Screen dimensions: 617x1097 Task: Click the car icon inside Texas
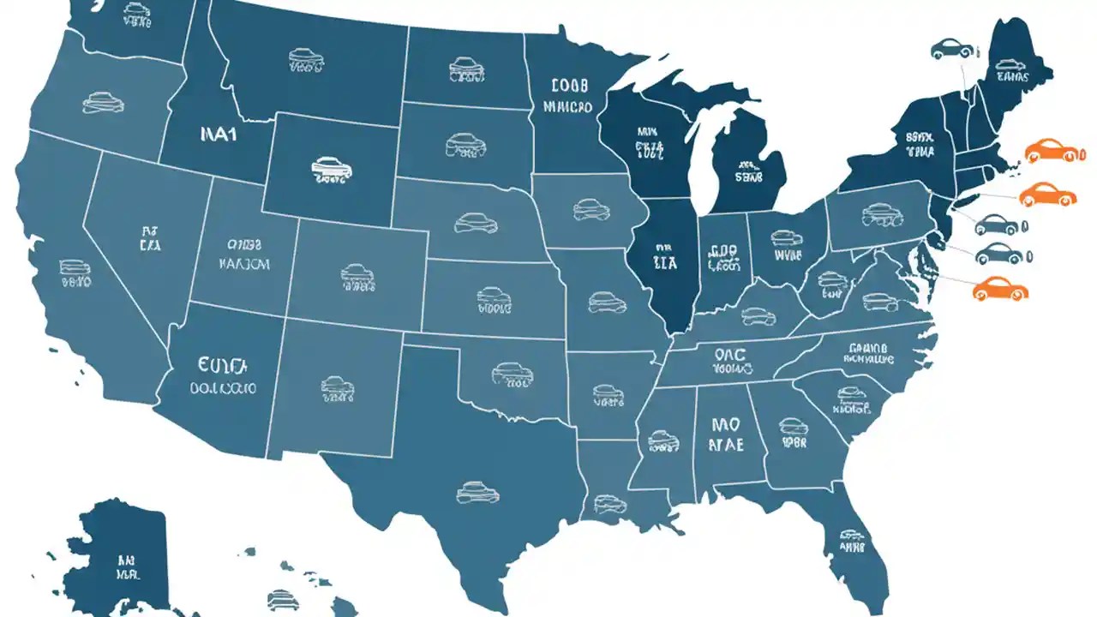tap(477, 492)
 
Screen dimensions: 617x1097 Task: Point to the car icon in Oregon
tap(103, 103)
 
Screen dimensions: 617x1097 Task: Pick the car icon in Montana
tap(306, 58)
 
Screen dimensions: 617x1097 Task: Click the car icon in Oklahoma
tap(513, 373)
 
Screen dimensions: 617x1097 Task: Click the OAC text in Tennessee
tap(730, 354)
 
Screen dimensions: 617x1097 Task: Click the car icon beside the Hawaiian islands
tap(282, 598)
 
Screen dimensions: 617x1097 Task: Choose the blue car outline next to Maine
tap(951, 49)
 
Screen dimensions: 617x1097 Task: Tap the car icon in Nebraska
tap(477, 223)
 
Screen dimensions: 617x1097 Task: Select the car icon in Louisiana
tap(609, 504)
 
